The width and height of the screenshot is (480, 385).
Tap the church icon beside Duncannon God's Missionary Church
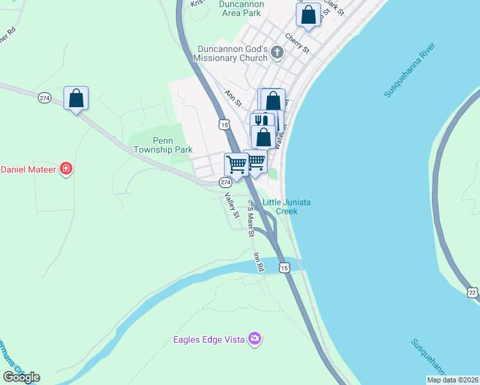click(277, 53)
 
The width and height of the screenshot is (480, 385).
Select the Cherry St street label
click(296, 44)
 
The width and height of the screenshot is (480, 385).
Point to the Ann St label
click(233, 98)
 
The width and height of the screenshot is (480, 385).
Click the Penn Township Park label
click(163, 145)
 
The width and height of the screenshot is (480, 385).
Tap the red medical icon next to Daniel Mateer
click(65, 169)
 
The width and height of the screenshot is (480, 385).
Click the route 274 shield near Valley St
click(225, 183)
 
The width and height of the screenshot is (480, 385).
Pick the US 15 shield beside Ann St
click(223, 124)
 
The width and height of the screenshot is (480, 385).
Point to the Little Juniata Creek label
click(287, 206)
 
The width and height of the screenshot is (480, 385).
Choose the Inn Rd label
click(259, 262)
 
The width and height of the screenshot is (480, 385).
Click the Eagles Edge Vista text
click(209, 339)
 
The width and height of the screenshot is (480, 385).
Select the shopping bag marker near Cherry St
click(309, 15)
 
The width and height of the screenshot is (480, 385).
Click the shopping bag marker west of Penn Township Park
click(76, 99)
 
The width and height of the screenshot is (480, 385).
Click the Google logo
click(21, 377)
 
